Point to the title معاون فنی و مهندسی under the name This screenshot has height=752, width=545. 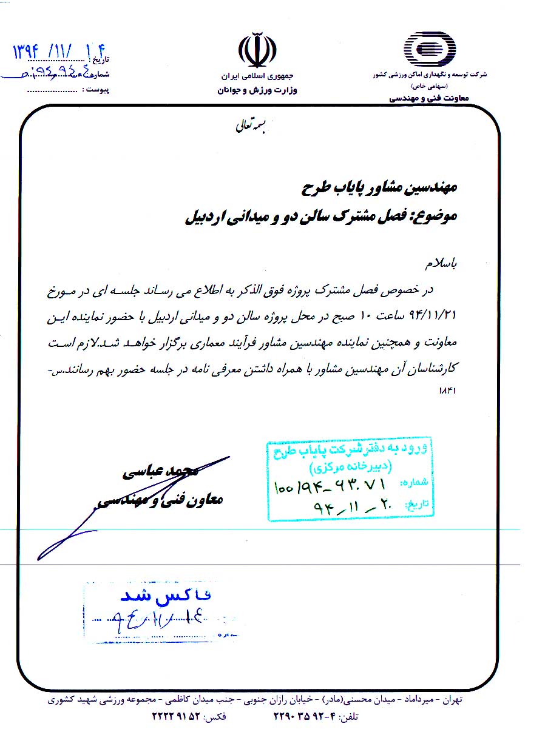[160, 500]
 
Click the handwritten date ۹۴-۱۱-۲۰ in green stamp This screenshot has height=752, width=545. [343, 505]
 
